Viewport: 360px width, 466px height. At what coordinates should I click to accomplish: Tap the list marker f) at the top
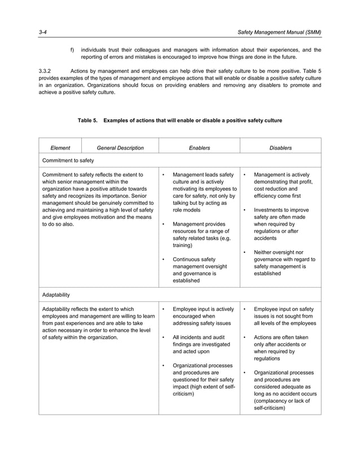(72, 50)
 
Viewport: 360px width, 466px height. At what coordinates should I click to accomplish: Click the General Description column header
(120, 148)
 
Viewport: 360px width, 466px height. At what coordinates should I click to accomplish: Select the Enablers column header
(199, 148)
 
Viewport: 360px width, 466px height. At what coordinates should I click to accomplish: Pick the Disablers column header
(280, 148)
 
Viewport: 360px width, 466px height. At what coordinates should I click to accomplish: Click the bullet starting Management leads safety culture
(163, 175)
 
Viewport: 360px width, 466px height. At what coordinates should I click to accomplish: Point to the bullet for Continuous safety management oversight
(163, 260)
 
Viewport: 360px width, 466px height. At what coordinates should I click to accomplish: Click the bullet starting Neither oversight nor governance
(244, 252)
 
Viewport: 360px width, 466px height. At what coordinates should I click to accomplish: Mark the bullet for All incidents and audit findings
(163, 337)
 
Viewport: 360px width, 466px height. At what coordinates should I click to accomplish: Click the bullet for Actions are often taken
(244, 337)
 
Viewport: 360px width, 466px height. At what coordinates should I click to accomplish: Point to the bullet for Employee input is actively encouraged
(163, 309)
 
